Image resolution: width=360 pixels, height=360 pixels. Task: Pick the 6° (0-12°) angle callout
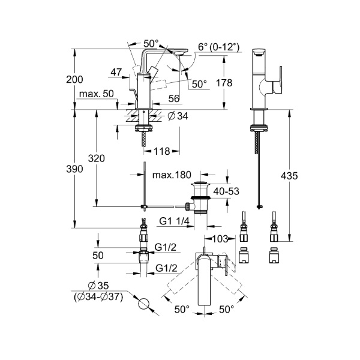coord(218,47)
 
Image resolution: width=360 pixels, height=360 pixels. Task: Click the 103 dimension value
coord(220,239)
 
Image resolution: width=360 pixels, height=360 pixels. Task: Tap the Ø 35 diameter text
coord(98,284)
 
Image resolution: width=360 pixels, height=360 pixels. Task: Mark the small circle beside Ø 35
coord(143,304)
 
